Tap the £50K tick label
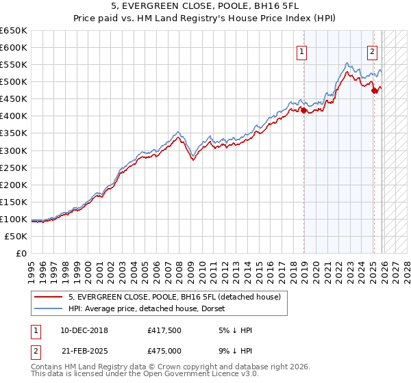(16, 236)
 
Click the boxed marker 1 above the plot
(302, 50)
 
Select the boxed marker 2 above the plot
(372, 50)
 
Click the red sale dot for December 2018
(303, 110)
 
